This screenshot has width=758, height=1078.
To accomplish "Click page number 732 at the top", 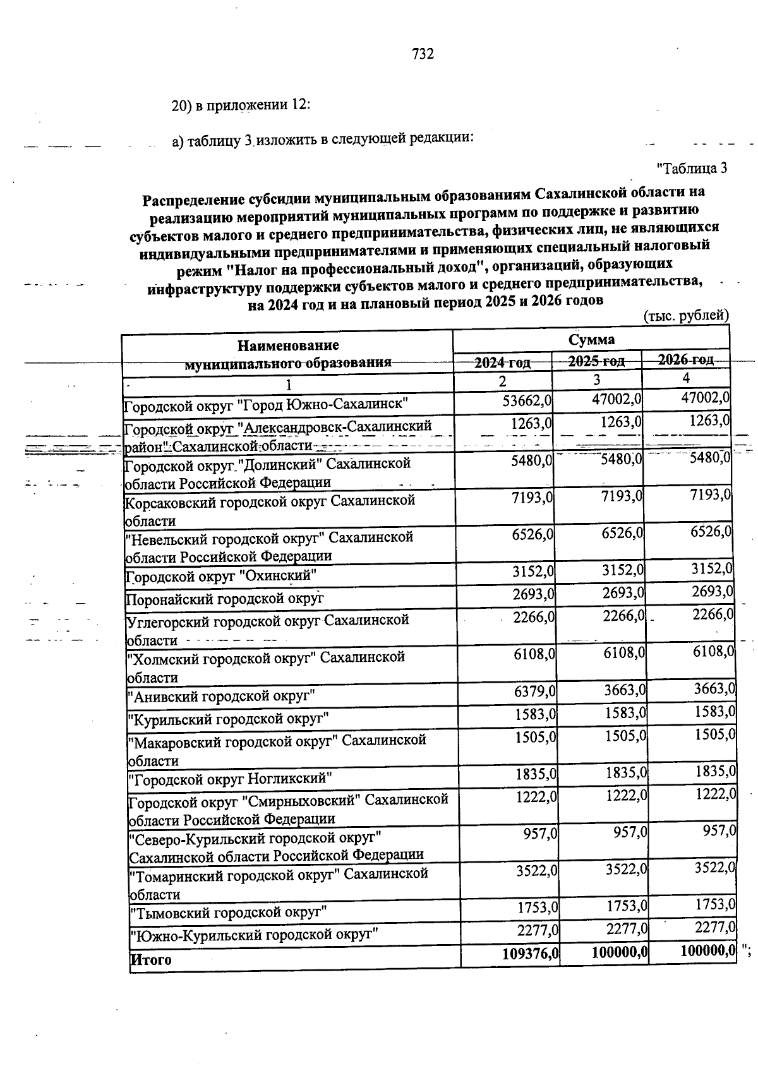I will coord(423,54).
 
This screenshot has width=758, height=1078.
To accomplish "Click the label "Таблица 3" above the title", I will coord(692,168).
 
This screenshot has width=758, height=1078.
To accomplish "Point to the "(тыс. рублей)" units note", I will coord(685,315).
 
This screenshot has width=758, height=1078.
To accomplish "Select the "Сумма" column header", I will coord(591,340).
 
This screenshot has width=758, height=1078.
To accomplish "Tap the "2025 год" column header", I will coord(596,361).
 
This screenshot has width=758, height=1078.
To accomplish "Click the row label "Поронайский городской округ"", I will coord(225,598).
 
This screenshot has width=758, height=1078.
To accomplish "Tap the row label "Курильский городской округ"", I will coord(228,719).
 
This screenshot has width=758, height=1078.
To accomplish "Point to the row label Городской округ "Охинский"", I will coord(220,576).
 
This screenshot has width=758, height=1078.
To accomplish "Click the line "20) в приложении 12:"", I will coord(241,105).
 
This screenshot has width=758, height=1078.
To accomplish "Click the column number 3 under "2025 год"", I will coord(596,380).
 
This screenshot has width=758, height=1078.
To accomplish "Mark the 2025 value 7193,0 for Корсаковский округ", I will coord(622,496).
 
